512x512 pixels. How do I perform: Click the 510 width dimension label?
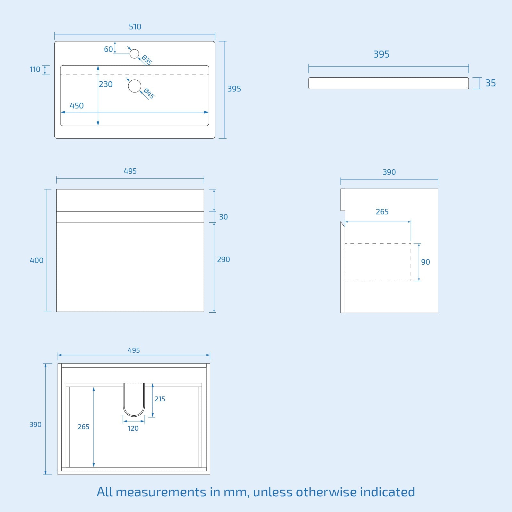[x=135, y=27]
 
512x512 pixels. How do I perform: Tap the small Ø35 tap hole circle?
[x=134, y=54]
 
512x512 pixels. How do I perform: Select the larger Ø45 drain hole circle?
[x=134, y=86]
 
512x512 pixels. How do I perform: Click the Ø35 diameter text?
[x=147, y=60]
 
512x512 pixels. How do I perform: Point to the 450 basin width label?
[x=76, y=106]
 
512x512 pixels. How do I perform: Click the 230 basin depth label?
[x=106, y=84]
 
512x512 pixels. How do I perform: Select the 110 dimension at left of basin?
[x=35, y=69]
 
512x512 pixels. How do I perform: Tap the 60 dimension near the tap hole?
[x=108, y=49]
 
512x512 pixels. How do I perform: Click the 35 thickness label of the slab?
[x=490, y=83]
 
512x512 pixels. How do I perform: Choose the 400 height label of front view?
[x=36, y=260]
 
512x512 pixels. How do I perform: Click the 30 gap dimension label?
[x=223, y=217]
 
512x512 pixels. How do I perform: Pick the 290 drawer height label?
[x=223, y=260]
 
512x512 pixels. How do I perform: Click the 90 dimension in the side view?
[x=425, y=262]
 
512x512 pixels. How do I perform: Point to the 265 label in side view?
[x=382, y=212]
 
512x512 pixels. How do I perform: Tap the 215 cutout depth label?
[x=160, y=399]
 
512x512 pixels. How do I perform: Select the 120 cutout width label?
[x=133, y=428]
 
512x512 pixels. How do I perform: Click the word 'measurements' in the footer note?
[x=161, y=492]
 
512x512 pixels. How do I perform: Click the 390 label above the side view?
[x=389, y=172]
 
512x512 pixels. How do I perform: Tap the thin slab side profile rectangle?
[x=388, y=83]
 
